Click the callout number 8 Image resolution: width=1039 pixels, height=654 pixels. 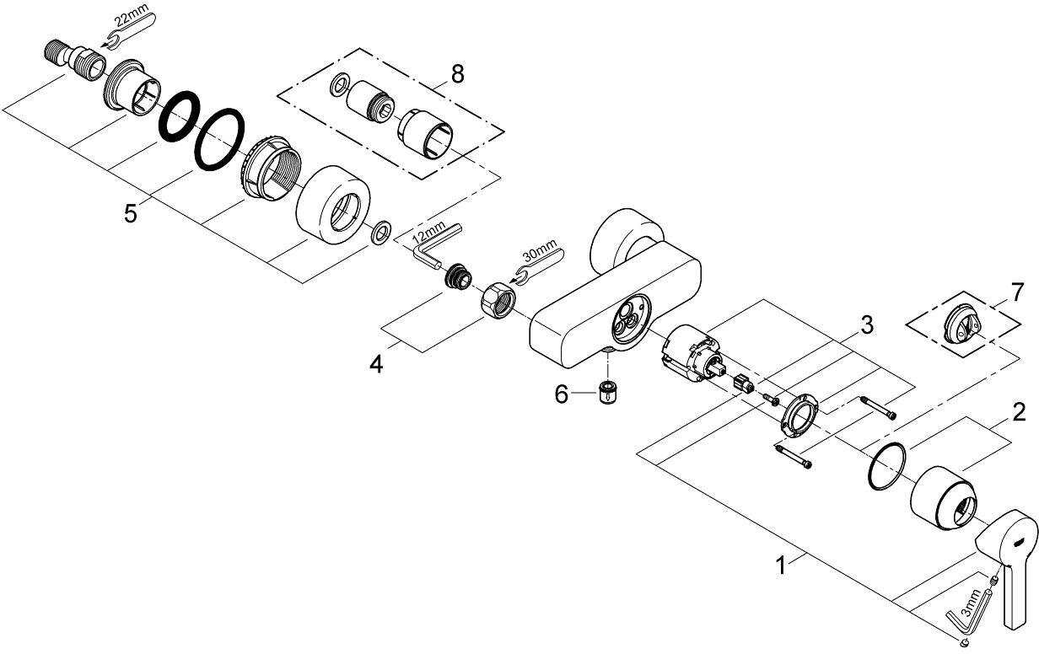click(457, 74)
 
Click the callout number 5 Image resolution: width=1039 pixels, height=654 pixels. click(131, 214)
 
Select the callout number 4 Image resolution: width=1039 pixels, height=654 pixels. click(376, 364)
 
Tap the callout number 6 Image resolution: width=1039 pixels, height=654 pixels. click(562, 394)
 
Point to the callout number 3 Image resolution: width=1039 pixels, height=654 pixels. click(866, 325)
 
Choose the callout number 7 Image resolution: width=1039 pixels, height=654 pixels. click(1017, 292)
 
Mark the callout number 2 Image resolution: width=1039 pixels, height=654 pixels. click(1019, 412)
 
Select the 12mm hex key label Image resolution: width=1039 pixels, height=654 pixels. click(428, 233)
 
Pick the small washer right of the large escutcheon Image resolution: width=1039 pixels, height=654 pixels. click(382, 233)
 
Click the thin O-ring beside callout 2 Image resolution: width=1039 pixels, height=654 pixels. click(886, 466)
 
